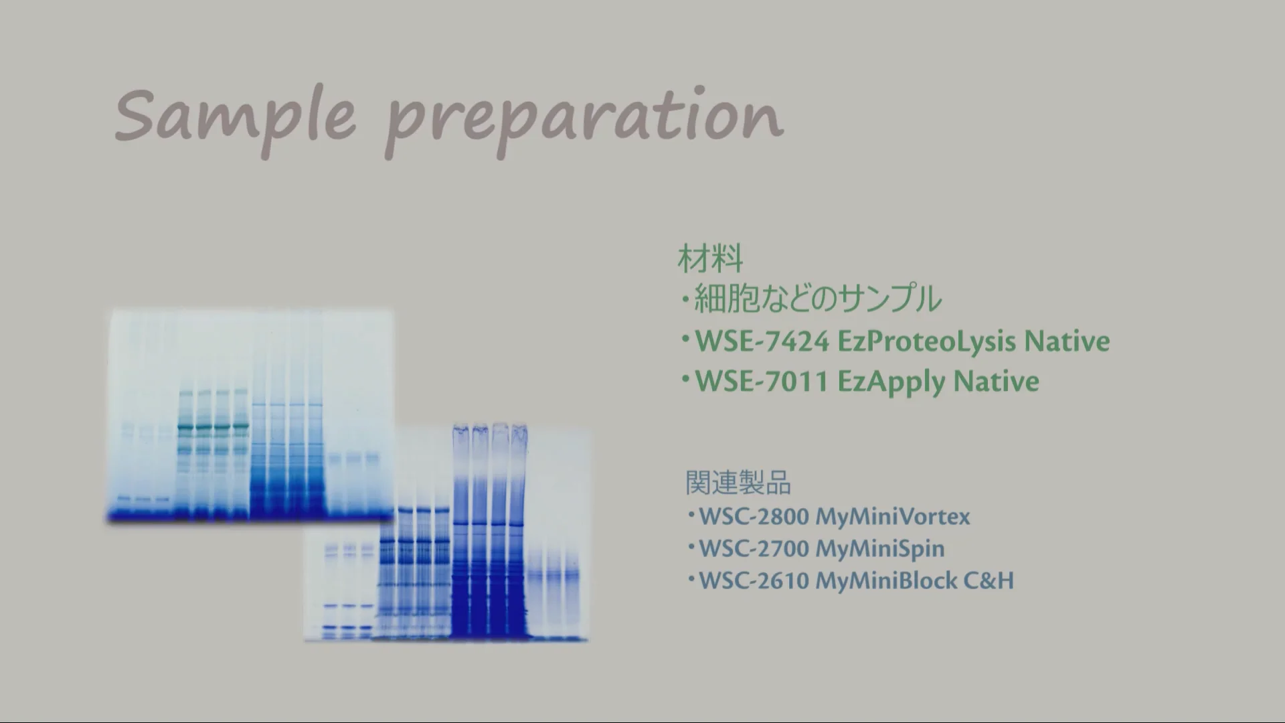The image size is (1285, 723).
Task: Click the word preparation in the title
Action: [584, 121]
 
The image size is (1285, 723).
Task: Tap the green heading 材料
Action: [710, 258]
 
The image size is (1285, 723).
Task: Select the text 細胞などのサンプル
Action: [818, 299]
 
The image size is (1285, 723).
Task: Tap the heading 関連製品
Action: [738, 483]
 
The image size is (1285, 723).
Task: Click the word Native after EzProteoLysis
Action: [1067, 341]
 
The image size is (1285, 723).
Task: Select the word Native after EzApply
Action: [996, 382]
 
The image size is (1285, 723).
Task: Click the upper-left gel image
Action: [250, 415]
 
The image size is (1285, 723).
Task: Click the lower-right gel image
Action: [447, 532]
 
